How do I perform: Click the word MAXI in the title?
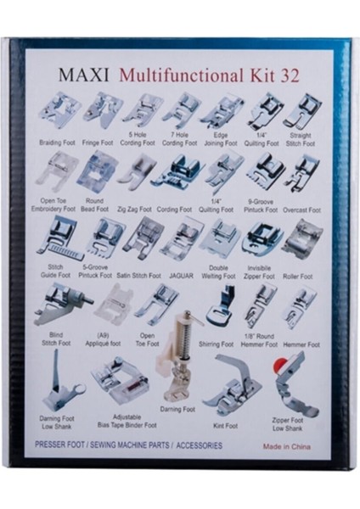click(x=83, y=74)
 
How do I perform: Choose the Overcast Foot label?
click(x=301, y=208)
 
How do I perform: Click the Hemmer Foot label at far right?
click(x=301, y=345)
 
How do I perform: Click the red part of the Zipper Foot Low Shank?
click(x=277, y=366)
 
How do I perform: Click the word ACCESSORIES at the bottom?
click(x=194, y=445)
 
